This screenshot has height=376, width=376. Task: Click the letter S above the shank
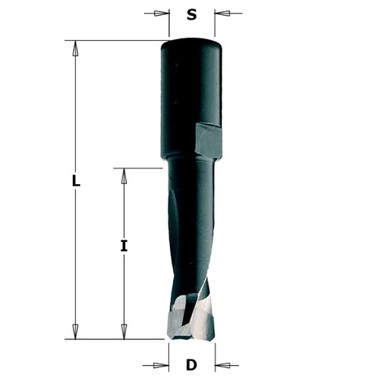[x=192, y=13]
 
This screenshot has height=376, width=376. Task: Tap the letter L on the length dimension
[x=75, y=181]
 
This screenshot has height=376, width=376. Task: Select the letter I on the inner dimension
[x=123, y=246]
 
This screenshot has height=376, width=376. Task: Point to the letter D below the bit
[x=191, y=365]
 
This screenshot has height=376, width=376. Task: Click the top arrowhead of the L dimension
[x=75, y=48]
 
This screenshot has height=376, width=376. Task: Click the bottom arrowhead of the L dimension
[x=75, y=331]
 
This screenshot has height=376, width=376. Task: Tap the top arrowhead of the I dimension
[x=123, y=175]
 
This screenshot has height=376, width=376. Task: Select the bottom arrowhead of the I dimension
[x=123, y=331]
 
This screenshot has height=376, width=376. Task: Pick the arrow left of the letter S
[x=161, y=13]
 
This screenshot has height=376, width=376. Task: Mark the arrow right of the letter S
[x=223, y=13]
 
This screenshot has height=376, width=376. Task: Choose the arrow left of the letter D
[x=161, y=365]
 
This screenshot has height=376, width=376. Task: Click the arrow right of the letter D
[x=222, y=365]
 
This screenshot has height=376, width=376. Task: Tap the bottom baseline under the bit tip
[x=117, y=339]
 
